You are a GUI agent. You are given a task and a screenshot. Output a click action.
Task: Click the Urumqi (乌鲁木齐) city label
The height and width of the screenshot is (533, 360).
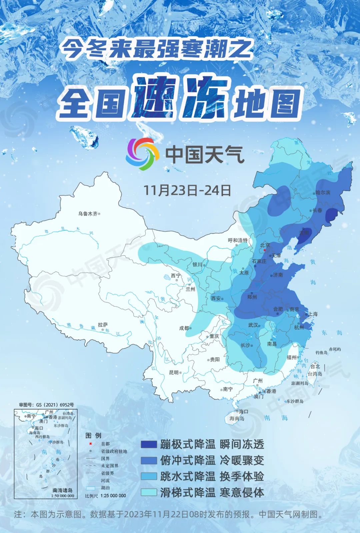(x=88, y=214)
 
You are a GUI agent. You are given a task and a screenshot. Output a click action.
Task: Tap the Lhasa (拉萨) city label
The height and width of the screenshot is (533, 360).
(x=103, y=325)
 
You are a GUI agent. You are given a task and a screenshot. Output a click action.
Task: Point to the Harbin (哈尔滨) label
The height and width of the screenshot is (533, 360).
(x=323, y=193)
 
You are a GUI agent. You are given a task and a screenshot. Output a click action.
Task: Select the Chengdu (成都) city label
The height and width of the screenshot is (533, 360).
(x=184, y=328)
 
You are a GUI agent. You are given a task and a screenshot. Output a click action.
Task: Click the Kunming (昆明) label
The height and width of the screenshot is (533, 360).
(x=174, y=373)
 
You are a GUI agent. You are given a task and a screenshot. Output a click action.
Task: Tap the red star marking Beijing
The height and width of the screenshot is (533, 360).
(x=264, y=249)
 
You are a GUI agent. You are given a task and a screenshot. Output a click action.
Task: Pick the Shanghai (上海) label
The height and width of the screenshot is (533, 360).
(x=313, y=314)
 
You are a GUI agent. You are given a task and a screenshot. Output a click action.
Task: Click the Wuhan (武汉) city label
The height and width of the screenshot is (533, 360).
(x=253, y=325)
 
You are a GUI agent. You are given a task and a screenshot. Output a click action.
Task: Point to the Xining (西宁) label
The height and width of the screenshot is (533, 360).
(x=175, y=276)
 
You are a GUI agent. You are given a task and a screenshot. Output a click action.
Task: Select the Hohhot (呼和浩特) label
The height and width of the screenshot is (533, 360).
(x=238, y=240)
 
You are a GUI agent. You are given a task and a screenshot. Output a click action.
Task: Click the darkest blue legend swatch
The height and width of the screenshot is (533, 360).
(x=148, y=444)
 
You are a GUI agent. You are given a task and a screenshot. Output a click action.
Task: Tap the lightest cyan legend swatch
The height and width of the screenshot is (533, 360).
(x=148, y=492)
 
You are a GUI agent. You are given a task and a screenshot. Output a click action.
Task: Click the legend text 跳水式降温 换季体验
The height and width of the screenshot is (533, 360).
(x=212, y=476)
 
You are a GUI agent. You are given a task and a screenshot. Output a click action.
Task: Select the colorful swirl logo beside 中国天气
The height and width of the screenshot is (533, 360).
(x=142, y=154)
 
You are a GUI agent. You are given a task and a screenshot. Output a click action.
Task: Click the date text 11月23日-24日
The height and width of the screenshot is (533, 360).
(x=187, y=190)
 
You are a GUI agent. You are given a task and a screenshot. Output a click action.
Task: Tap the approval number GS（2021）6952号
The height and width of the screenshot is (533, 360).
(x=46, y=405)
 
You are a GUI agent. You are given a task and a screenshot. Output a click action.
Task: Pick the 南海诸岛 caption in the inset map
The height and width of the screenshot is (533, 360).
(x=63, y=491)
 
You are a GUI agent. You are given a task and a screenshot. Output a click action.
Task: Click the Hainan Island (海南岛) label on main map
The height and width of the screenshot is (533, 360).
(x=237, y=418)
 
